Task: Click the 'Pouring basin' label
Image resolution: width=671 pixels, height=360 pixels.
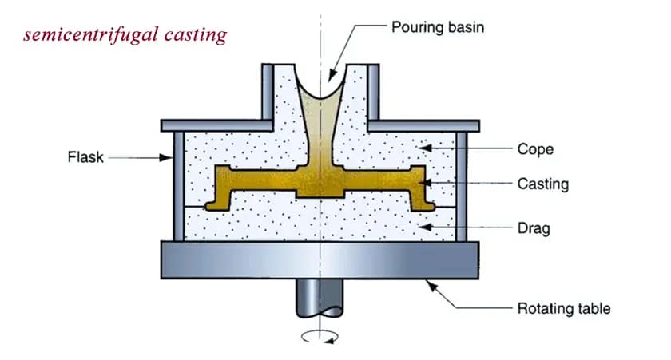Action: point(437,26)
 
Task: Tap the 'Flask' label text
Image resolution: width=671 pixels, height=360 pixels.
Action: point(85,157)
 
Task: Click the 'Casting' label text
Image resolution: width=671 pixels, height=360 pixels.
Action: point(542,184)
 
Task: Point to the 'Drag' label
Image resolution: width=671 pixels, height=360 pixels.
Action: point(533,229)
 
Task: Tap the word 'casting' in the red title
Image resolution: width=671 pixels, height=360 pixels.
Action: point(195,35)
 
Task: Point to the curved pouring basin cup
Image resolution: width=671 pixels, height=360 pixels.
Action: point(328,89)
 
